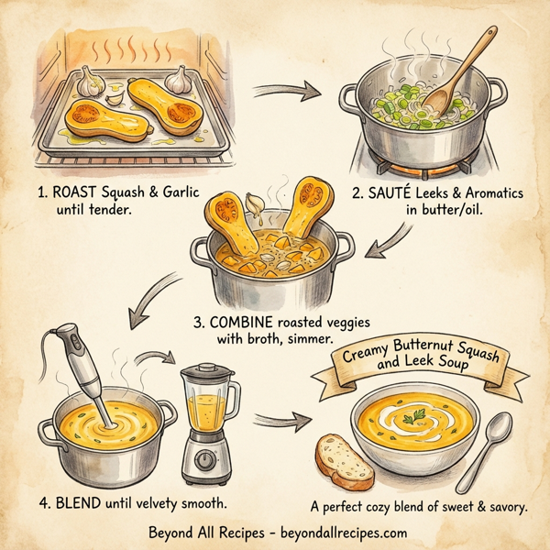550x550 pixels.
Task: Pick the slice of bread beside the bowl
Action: (344, 461)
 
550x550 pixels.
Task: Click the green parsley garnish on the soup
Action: (417, 417)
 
